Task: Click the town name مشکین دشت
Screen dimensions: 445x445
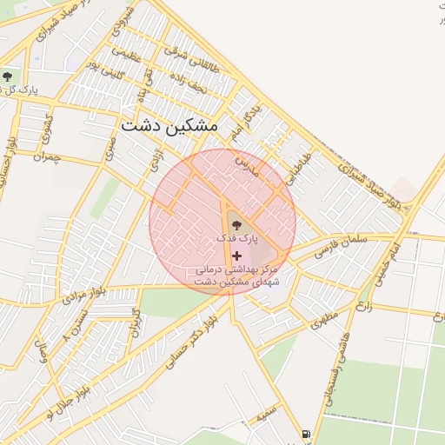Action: point(169,124)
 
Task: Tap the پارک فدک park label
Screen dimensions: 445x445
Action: point(237,237)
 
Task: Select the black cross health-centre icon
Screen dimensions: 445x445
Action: point(236,255)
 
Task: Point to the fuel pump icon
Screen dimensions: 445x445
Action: point(305,434)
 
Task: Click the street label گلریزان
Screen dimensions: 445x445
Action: point(135,323)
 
